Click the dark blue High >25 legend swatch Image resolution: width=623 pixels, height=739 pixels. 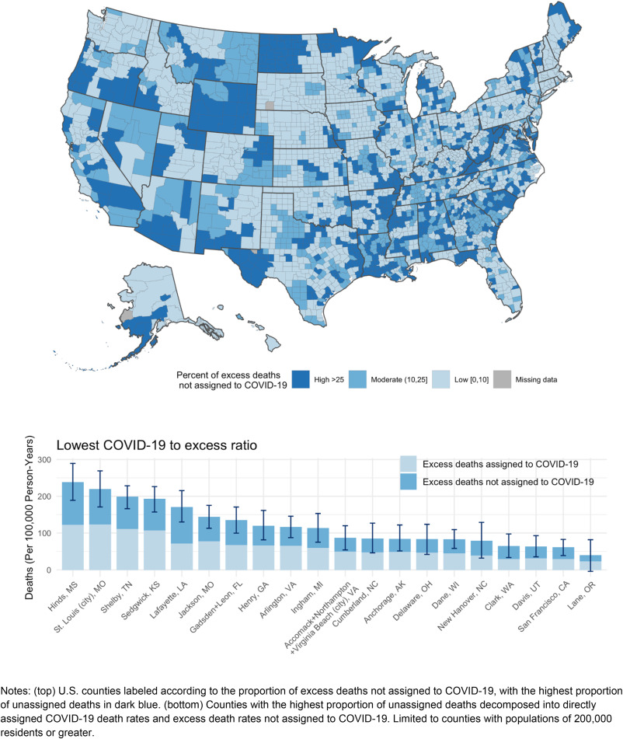point(305,380)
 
